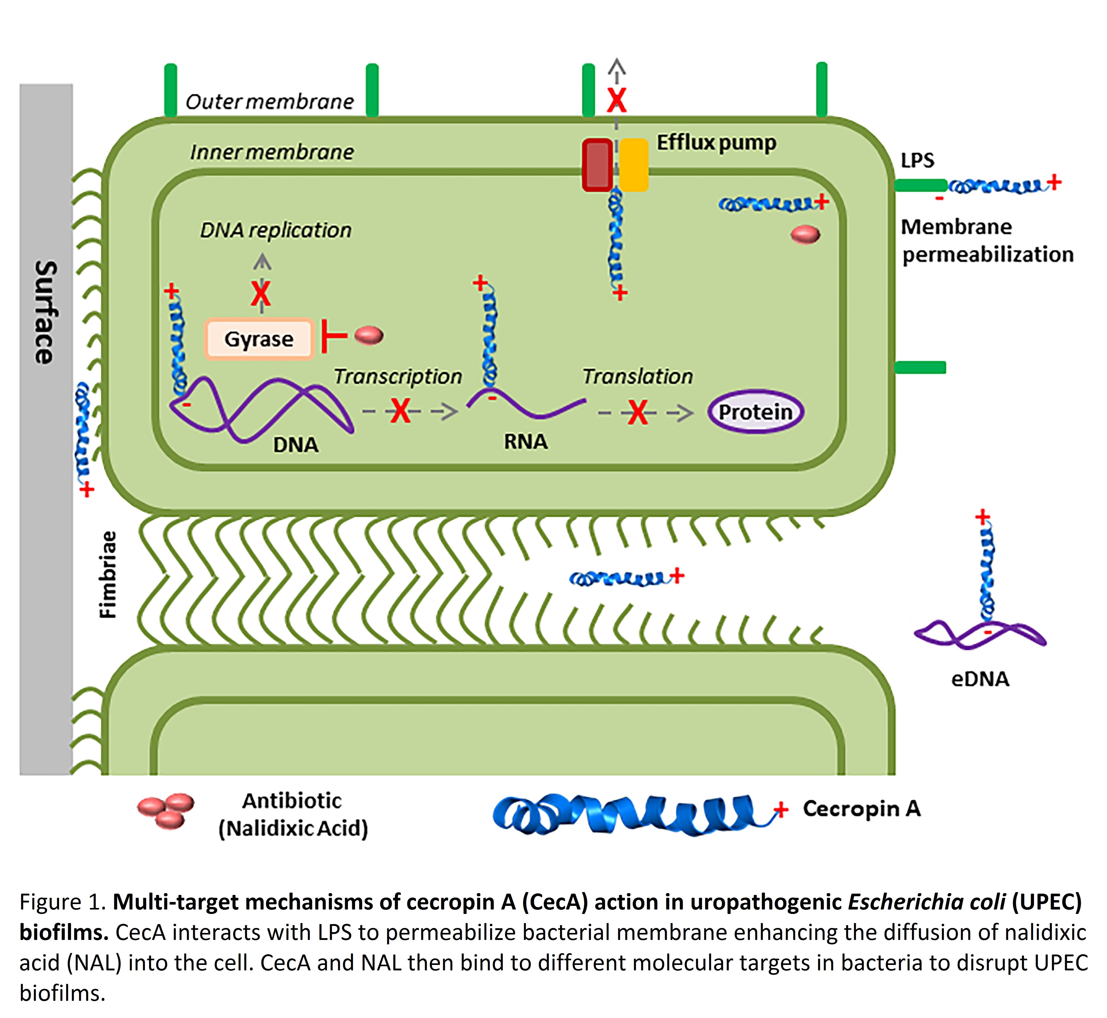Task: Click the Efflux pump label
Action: (716, 143)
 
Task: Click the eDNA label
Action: (980, 679)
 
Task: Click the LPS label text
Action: (917, 160)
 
